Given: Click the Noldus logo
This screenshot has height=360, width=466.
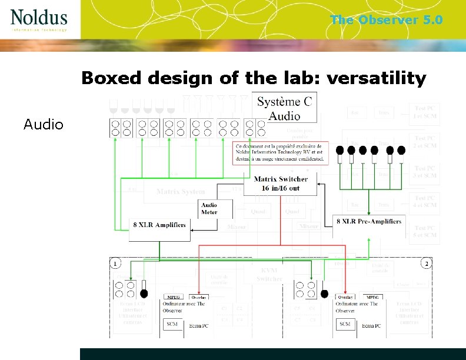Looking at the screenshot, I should (39, 19).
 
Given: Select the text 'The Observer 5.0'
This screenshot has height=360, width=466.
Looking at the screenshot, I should (386, 20).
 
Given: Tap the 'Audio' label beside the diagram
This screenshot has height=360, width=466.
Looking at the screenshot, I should (44, 124).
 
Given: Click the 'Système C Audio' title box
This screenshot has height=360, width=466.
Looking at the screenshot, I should (285, 108).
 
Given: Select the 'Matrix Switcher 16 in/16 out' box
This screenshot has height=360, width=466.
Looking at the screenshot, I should (285, 184).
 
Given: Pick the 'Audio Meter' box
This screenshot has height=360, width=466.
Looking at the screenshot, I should (209, 209).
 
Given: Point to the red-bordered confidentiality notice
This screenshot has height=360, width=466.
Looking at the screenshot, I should (278, 152).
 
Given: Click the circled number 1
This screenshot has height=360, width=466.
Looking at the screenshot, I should (116, 262).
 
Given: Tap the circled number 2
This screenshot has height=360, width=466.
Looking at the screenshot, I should (427, 262).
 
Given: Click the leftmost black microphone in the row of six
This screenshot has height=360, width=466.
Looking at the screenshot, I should (339, 151).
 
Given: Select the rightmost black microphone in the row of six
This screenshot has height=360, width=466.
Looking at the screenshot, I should (401, 151).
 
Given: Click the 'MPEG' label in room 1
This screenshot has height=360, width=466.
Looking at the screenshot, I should (175, 298).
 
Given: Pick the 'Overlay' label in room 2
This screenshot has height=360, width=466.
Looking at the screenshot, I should (345, 298).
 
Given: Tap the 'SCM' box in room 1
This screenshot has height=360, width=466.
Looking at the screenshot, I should (172, 324).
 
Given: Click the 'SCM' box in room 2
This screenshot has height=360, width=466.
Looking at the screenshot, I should (345, 324).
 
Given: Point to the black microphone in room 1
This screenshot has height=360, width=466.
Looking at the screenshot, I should (144, 292).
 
